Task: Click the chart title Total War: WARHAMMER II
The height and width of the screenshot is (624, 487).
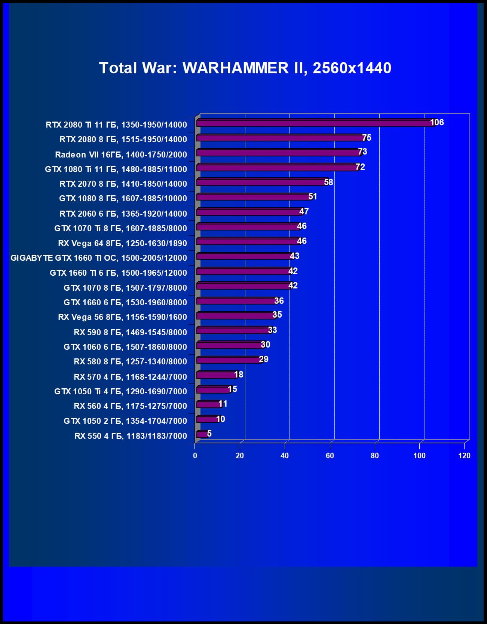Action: pos(245,68)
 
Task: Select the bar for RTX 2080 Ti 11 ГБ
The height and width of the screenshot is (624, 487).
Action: pos(314,123)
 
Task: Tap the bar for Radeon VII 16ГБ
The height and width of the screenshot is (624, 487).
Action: pos(279,153)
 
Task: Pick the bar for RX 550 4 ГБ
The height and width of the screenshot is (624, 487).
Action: pos(202,434)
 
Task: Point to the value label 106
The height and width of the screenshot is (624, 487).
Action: pos(437,122)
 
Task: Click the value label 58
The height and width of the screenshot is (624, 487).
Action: pos(328,182)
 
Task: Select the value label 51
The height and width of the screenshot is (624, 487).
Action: pos(313,196)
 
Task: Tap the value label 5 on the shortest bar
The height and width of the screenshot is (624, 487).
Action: pos(209,434)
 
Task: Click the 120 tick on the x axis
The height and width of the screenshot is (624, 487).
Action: pos(464,456)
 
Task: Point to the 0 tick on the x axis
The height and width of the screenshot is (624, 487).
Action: pos(195,456)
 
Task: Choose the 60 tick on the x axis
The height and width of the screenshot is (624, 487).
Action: pos(330,456)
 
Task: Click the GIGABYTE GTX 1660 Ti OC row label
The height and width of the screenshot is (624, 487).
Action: pos(99,258)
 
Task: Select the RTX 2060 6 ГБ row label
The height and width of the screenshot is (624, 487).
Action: pos(123,214)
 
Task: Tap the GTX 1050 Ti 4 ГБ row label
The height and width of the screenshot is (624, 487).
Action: pos(120,391)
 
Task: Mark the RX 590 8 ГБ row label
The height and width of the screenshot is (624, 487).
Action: pos(130,332)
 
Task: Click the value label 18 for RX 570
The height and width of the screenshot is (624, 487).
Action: pos(239,374)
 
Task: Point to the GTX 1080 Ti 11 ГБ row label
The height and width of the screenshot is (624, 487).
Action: pos(116,169)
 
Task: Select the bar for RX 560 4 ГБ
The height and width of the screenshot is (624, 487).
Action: pos(209,404)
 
